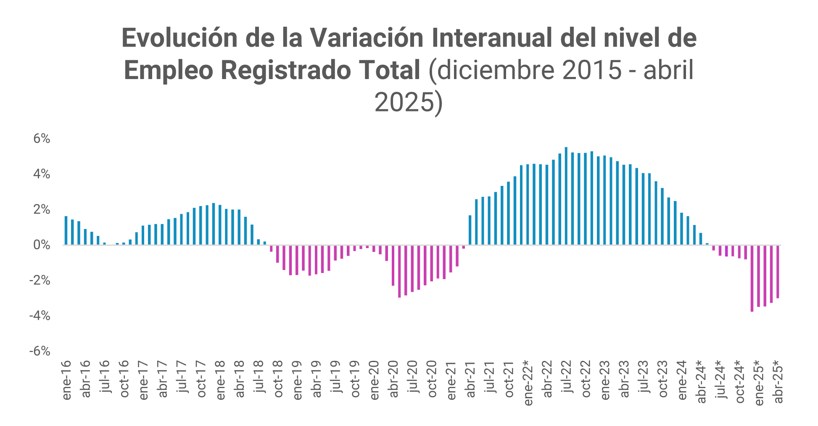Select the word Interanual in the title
coord(492,39)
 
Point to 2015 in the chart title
coord(592,70)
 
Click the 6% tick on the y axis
coord(42,139)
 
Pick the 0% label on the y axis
coord(42,245)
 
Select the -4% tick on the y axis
coord(40,316)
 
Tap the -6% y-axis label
coord(40,351)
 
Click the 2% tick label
coord(42,210)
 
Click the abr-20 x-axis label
coord(393,379)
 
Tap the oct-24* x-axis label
coord(740,381)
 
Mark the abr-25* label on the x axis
coord(778,381)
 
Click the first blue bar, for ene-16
coord(66,230)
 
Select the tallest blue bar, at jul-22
coord(566,196)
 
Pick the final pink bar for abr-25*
coord(778,272)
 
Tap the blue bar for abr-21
coord(470,230)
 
